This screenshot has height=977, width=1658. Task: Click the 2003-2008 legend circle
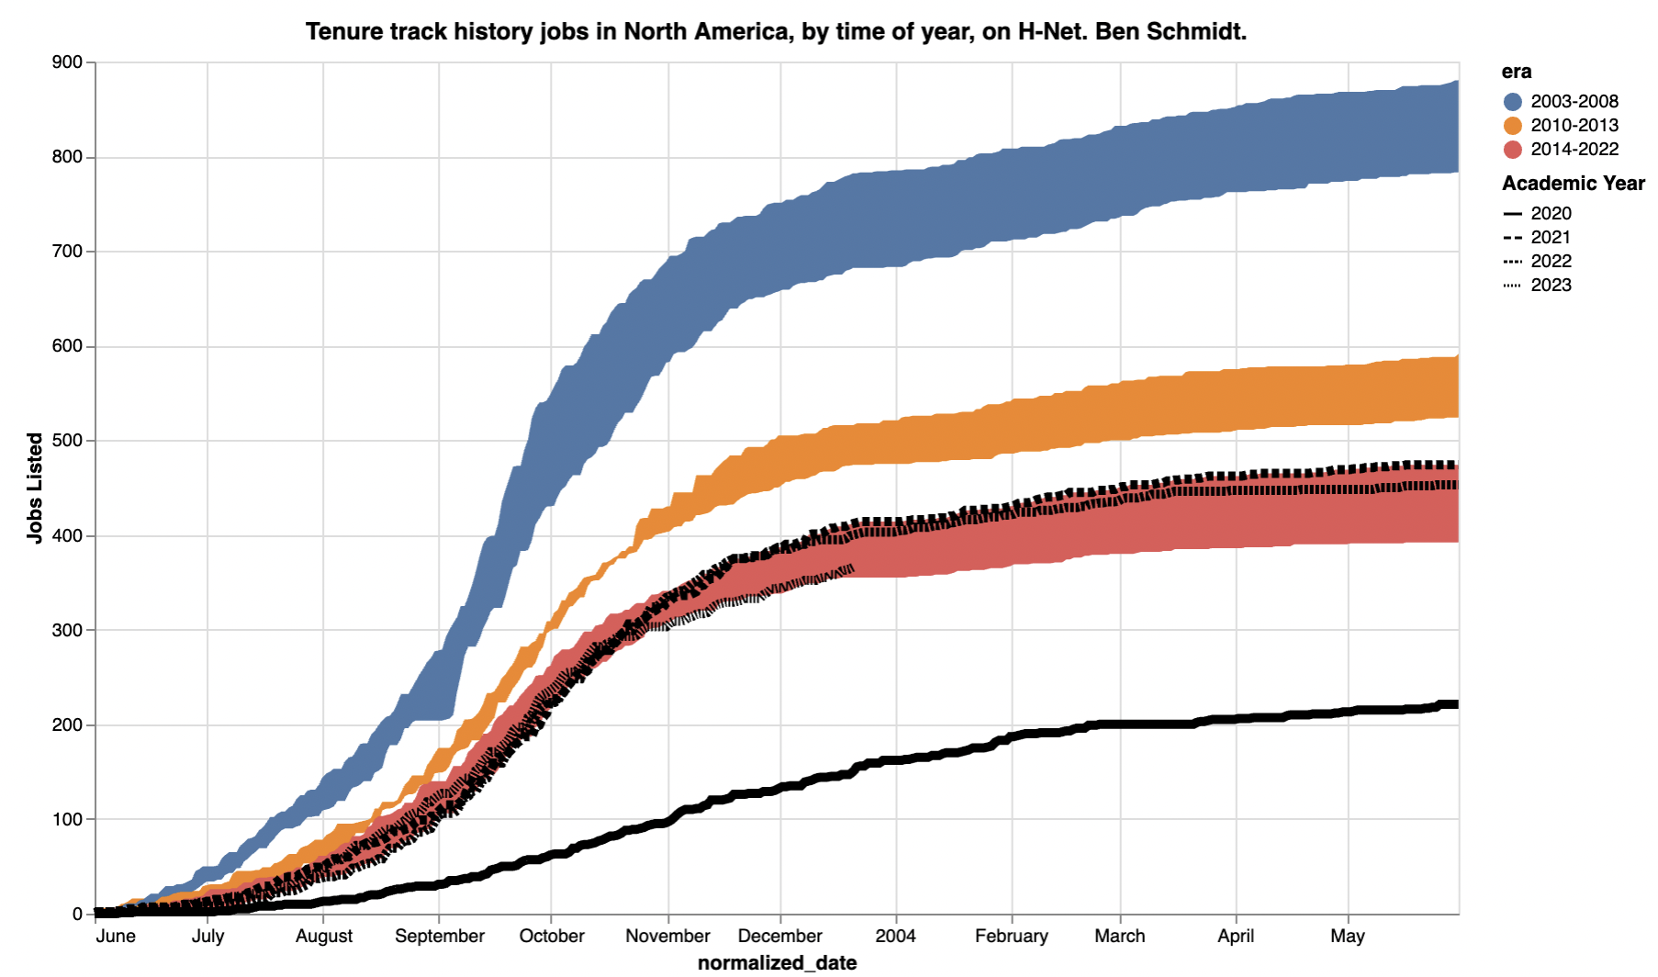[x=1513, y=102]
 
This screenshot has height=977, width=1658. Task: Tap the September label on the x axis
[x=440, y=936]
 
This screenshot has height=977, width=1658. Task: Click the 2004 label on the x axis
[x=895, y=936]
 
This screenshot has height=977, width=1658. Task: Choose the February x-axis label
[x=1011, y=936]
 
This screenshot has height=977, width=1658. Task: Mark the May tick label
[x=1347, y=936]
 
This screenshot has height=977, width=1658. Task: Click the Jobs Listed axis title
[x=35, y=488]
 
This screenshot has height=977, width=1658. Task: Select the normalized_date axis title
[x=777, y=962]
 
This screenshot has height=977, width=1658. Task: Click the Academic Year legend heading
[x=1573, y=184]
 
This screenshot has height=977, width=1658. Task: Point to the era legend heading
[x=1516, y=72]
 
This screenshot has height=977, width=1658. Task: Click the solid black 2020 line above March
[x=1120, y=724]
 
